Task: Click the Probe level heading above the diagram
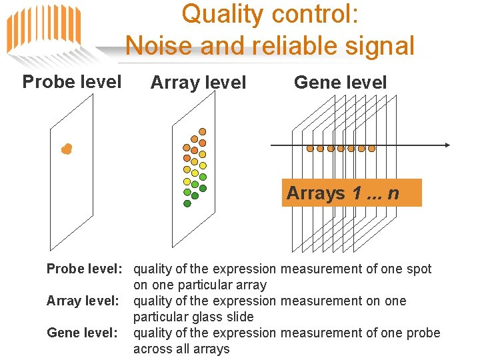pyautogui.click(x=72, y=82)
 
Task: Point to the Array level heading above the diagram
pyautogui.click(x=198, y=83)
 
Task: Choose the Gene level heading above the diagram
pyautogui.click(x=340, y=83)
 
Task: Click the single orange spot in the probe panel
pyautogui.click(x=66, y=149)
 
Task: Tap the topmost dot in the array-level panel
pyautogui.click(x=203, y=131)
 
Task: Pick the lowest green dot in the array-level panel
pyautogui.click(x=187, y=203)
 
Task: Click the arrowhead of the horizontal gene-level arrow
pyautogui.click(x=447, y=145)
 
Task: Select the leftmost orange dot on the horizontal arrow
pyautogui.click(x=310, y=148)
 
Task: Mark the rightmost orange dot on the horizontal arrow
pyautogui.click(x=372, y=148)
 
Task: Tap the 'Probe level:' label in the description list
pyautogui.click(x=84, y=269)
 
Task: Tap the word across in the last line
pyautogui.click(x=153, y=349)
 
